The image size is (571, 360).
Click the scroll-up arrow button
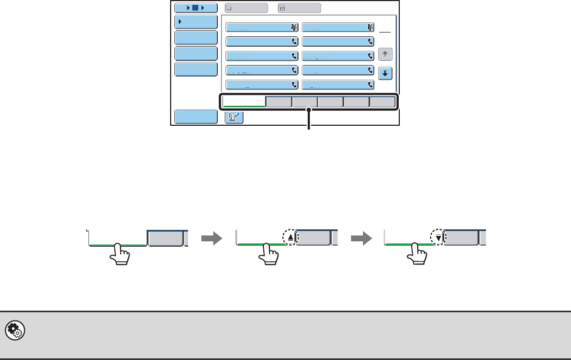[385, 54]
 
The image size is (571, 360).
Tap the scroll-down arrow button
[385, 73]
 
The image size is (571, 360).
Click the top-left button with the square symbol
[196, 8]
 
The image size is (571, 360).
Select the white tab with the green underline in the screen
[244, 101]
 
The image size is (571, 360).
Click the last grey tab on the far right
[382, 101]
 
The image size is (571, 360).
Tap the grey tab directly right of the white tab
[279, 101]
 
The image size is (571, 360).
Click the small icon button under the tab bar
[234, 117]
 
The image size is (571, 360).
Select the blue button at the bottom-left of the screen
[196, 117]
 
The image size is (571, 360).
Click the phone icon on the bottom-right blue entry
[371, 85]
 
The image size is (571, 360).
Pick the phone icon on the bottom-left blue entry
[295, 85]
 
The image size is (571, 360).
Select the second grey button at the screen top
[300, 8]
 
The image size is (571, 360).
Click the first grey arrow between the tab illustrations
[211, 238]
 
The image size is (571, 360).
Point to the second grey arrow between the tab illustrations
[359, 238]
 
